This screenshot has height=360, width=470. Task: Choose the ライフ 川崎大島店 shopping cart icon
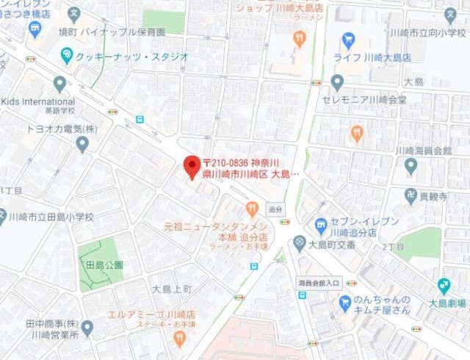[x=349, y=40]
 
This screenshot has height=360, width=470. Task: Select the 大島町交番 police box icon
[x=299, y=242]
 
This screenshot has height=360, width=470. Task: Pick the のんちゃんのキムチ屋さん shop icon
[x=344, y=300]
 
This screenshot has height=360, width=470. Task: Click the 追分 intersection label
[x=276, y=208]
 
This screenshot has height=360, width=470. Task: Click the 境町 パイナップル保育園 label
[x=106, y=32]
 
